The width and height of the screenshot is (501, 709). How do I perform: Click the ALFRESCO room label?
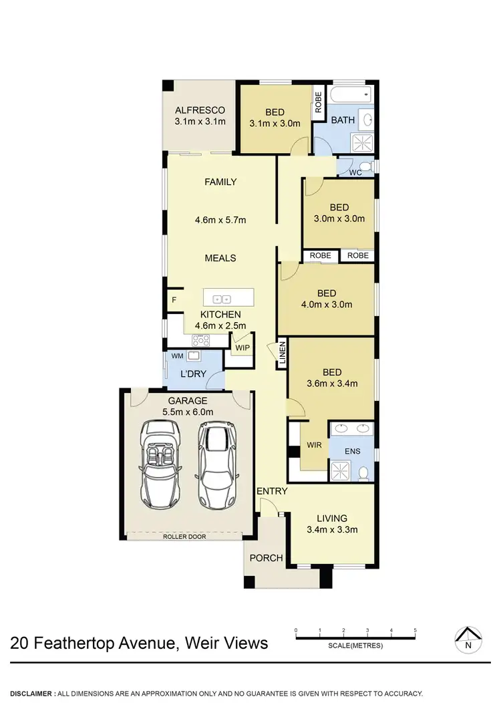tap(200, 110)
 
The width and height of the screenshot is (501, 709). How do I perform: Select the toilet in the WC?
tap(364, 166)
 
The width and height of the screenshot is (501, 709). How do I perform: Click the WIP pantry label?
tap(241, 347)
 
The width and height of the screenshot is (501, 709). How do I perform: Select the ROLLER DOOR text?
tap(184, 536)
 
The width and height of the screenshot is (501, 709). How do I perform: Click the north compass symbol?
tap(468, 640)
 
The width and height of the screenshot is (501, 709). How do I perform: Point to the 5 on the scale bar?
tap(415, 630)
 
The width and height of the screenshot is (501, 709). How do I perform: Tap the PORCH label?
tap(266, 558)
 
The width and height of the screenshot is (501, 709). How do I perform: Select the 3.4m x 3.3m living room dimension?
tap(332, 530)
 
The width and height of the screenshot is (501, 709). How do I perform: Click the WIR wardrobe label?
tap(314, 444)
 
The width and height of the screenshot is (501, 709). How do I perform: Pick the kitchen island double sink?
tap(222, 299)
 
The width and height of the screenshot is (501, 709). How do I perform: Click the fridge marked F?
tap(174, 300)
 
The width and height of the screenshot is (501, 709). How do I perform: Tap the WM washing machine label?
tap(177, 356)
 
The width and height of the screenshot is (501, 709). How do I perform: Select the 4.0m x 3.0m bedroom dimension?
tap(326, 305)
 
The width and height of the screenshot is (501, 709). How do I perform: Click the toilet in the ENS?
tap(363, 472)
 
